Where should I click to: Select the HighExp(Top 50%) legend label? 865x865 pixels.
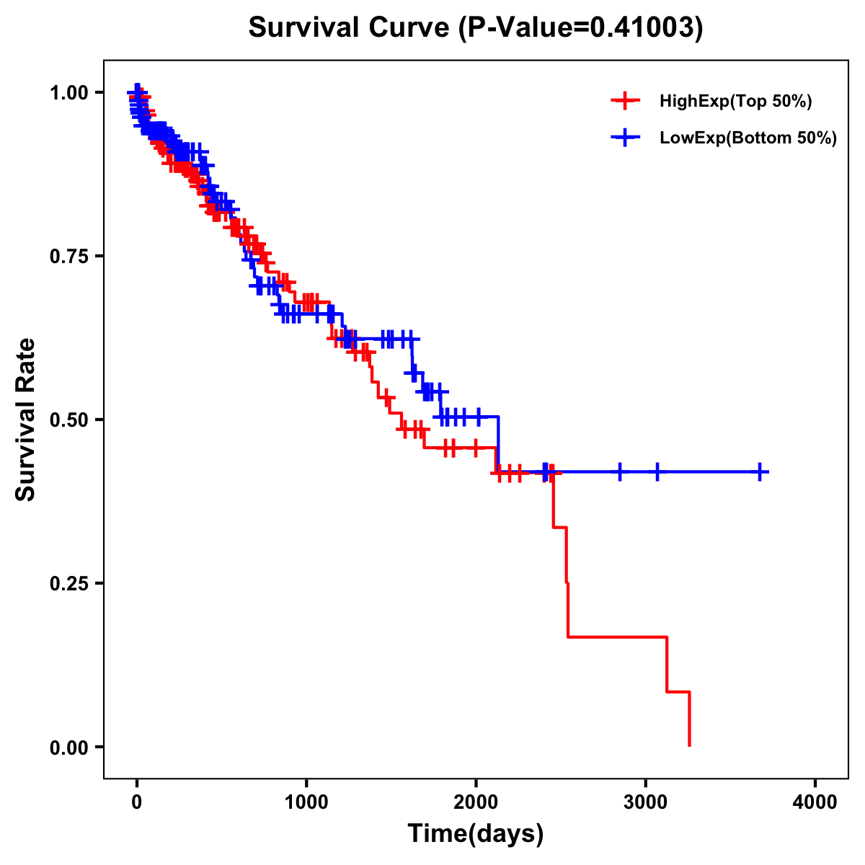735,102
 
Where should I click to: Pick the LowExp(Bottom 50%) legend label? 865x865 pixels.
748,138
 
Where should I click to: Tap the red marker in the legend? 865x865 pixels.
625,102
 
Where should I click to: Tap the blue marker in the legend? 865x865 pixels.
625,138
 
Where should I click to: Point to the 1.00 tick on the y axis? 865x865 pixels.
70,92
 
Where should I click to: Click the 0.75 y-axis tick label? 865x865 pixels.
70,256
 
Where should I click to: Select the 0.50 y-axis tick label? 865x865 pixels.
70,420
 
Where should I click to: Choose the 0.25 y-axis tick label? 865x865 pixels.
70,583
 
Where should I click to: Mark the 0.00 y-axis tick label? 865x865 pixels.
70,747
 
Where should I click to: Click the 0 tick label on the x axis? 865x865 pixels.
137,802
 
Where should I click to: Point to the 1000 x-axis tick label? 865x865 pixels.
306,802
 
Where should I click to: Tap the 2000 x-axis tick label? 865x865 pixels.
476,802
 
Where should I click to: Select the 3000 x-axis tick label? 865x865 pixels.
645,802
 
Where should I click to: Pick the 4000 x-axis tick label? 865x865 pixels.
815,802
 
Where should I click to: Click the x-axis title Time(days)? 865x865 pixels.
476,834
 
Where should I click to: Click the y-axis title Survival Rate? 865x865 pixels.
26,420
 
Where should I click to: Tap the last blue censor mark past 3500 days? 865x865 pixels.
760,472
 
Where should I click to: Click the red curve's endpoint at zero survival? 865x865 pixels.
690,745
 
